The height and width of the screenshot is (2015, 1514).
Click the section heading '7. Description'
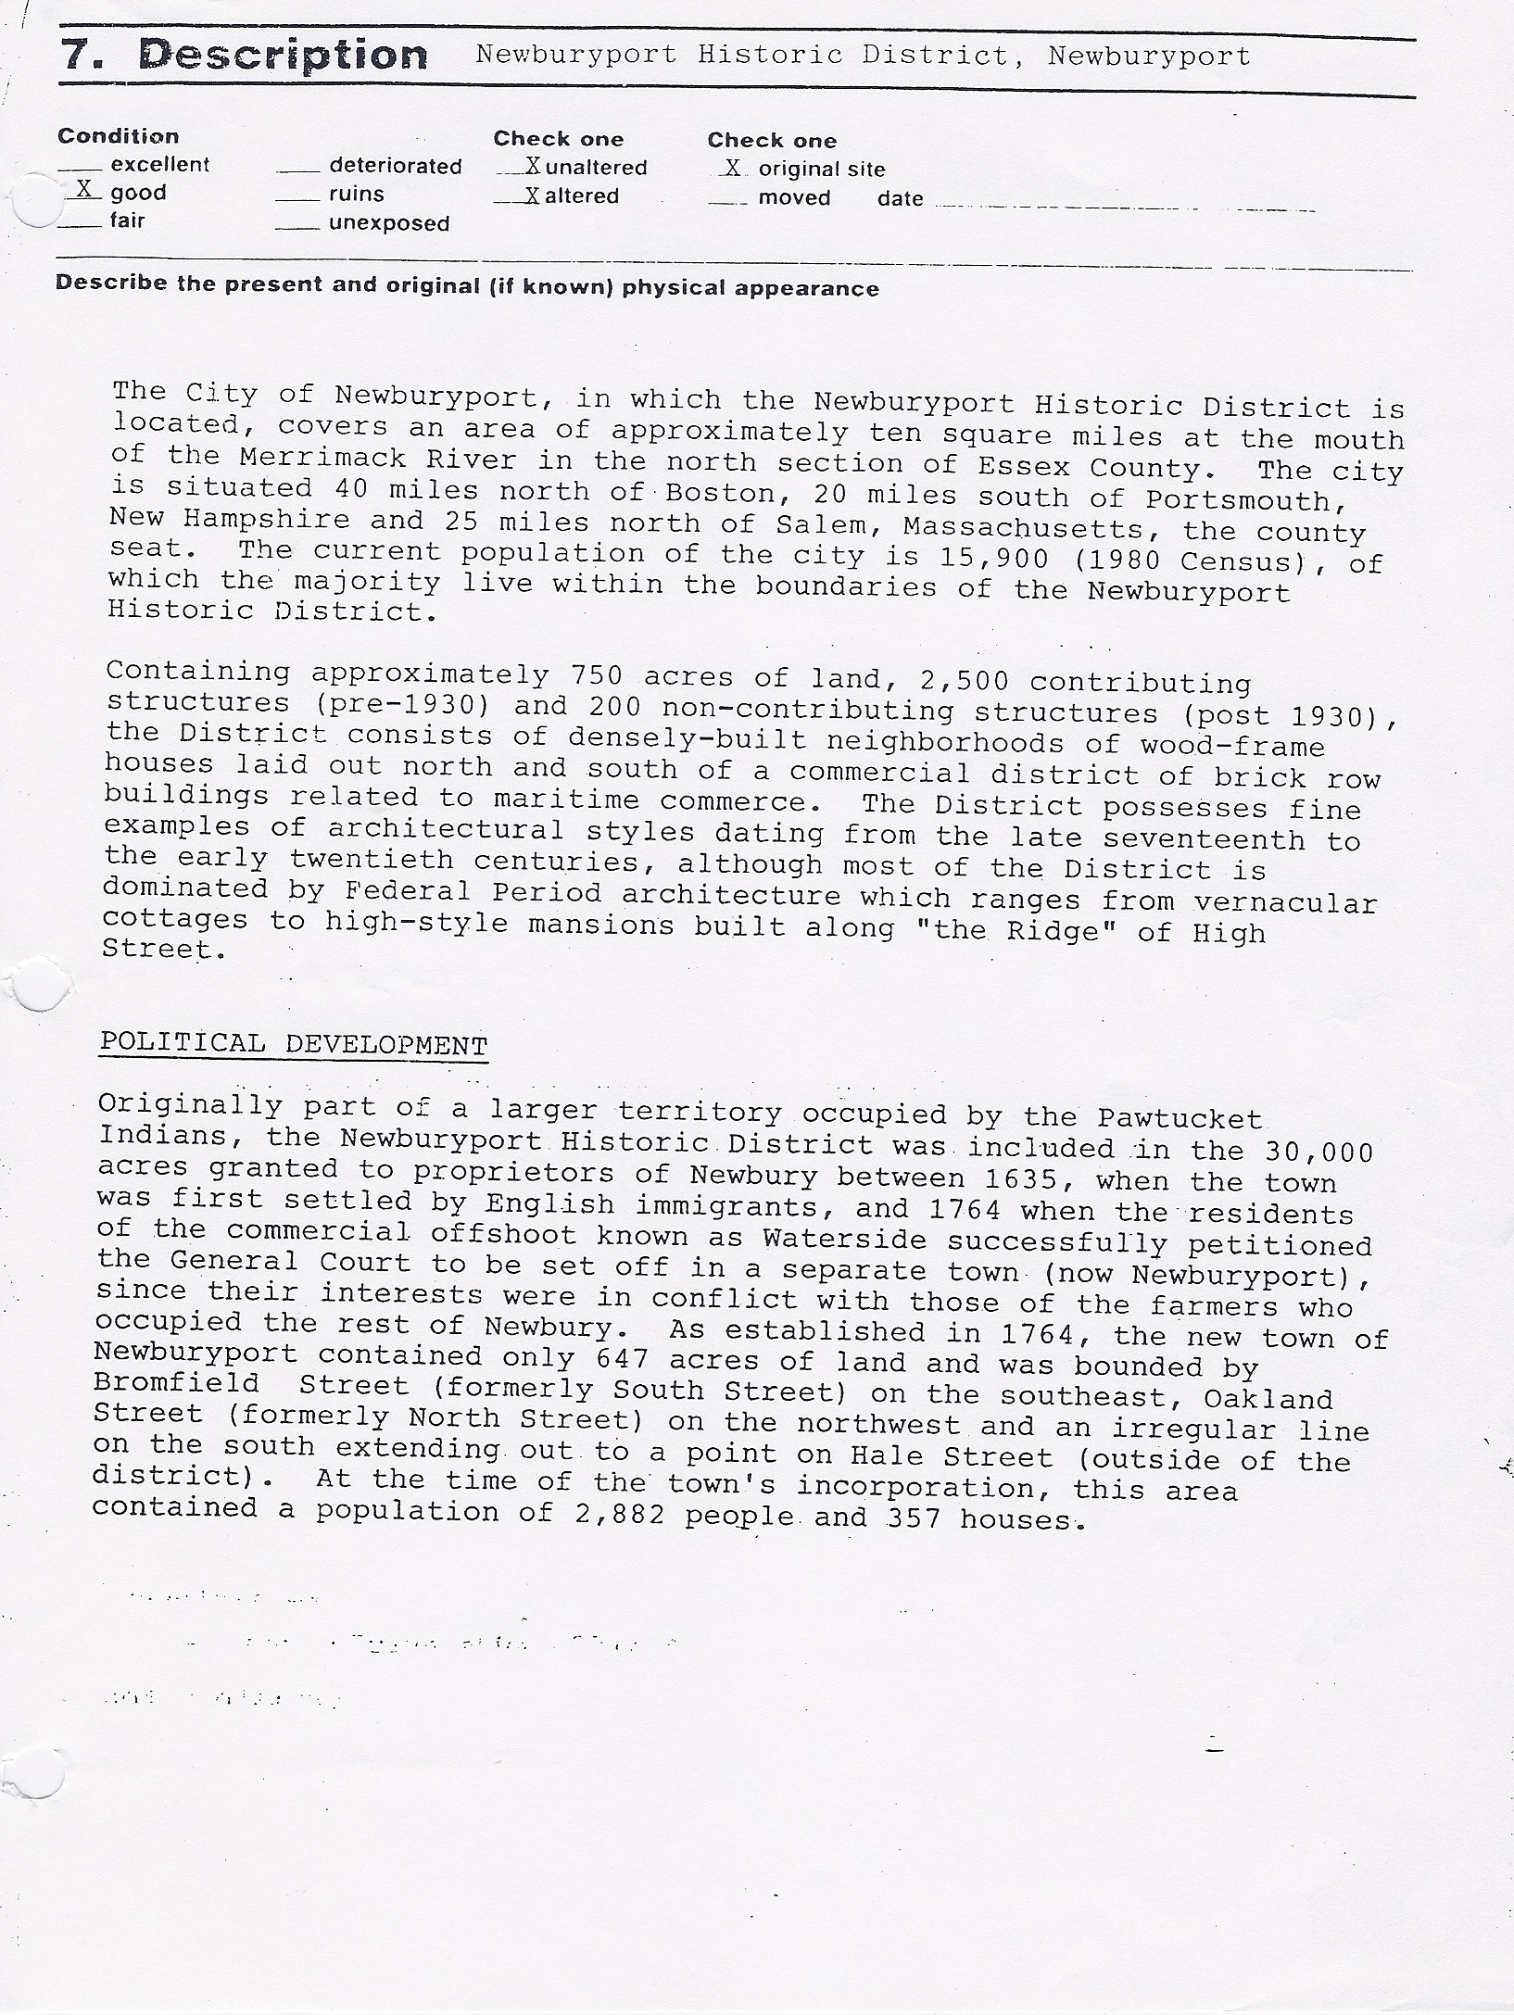(244, 57)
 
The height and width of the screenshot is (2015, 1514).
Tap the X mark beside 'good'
(82, 190)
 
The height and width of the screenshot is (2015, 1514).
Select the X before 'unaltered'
(532, 167)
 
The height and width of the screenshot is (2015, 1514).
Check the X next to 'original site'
(733, 168)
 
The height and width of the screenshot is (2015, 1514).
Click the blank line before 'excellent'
(78, 169)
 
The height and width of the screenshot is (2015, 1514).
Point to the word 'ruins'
(356, 195)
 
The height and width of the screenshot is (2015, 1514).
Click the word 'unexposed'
(389, 224)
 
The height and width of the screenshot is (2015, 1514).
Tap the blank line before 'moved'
(726, 201)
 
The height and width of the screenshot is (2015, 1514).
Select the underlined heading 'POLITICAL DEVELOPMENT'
(294, 1044)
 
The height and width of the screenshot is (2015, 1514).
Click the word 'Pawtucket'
(1180, 1119)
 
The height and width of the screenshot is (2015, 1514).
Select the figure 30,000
(1318, 1152)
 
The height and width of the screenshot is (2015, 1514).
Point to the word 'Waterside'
(844, 1240)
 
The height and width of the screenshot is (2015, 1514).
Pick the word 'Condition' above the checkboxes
(119, 136)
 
